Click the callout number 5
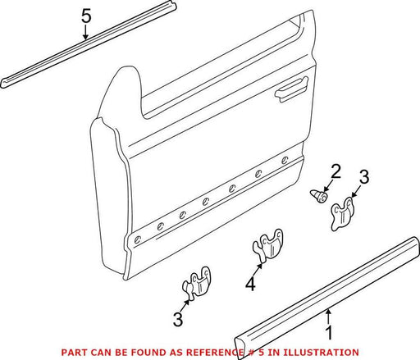pyautogui.click(x=86, y=16)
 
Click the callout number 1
pyautogui.click(x=329, y=332)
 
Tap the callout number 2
pyautogui.click(x=336, y=171)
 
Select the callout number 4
pyautogui.click(x=251, y=284)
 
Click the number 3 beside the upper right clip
pyautogui.click(x=364, y=176)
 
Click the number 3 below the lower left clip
pyautogui.click(x=178, y=319)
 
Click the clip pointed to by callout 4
pyautogui.click(x=268, y=244)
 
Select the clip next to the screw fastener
pyautogui.click(x=342, y=213)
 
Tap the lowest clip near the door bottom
pyautogui.click(x=197, y=283)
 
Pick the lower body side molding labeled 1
pyautogui.click(x=327, y=298)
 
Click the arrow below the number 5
pyautogui.click(x=86, y=32)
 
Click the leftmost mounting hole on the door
pyautogui.click(x=138, y=239)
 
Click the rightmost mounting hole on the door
pyautogui.click(x=285, y=161)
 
